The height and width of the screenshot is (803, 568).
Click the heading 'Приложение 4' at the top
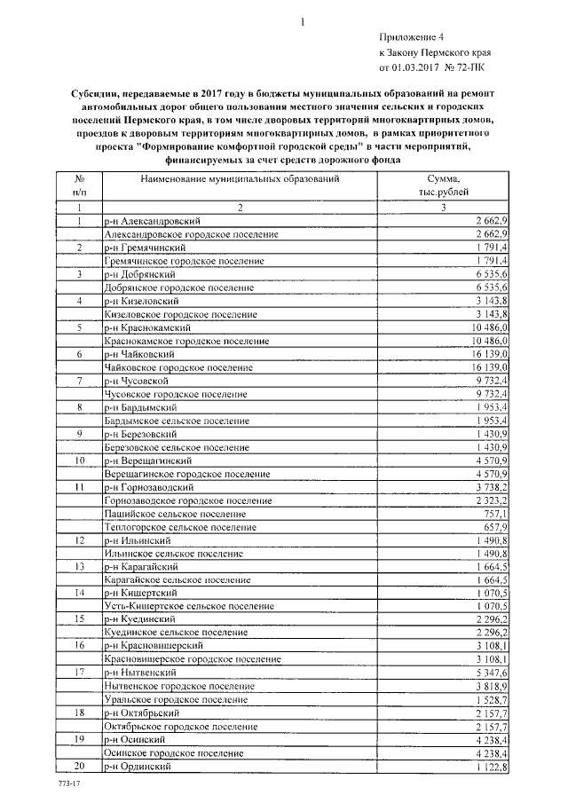pyautogui.click(x=410, y=36)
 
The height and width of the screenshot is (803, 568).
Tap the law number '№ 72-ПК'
pyautogui.click(x=464, y=66)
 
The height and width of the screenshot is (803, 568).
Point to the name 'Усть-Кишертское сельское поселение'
pyautogui.click(x=189, y=606)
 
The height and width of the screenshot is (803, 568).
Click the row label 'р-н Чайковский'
pyautogui.click(x=139, y=354)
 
